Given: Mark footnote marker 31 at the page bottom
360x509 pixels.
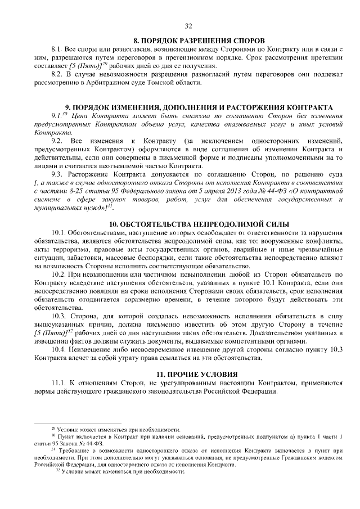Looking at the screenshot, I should [53, 450].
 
